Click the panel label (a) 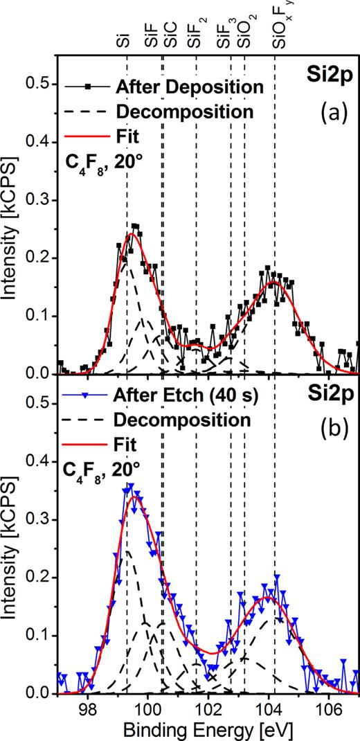(x=332, y=114)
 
